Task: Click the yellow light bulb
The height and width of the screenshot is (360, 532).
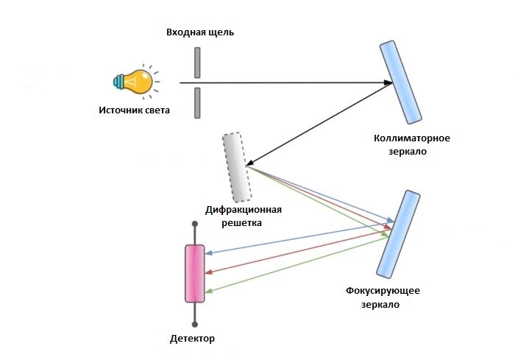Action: click(138, 82)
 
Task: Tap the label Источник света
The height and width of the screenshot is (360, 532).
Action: click(134, 110)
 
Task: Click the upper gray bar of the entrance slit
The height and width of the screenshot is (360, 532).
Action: click(197, 63)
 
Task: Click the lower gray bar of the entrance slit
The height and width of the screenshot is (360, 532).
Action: click(197, 102)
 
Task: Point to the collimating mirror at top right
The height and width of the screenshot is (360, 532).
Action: click(401, 82)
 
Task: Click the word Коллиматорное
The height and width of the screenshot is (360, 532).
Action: click(411, 138)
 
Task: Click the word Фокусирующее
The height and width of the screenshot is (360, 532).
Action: click(383, 290)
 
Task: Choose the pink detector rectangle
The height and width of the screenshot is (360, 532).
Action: click(195, 273)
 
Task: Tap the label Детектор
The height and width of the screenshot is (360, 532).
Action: click(192, 339)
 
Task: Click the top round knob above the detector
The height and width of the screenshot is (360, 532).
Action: click(195, 223)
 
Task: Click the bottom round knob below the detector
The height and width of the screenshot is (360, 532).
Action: click(195, 322)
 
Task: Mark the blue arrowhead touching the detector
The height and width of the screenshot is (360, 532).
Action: click(210, 254)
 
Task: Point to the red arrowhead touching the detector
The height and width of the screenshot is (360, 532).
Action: click(210, 272)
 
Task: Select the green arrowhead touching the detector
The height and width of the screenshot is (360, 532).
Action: click(210, 292)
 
